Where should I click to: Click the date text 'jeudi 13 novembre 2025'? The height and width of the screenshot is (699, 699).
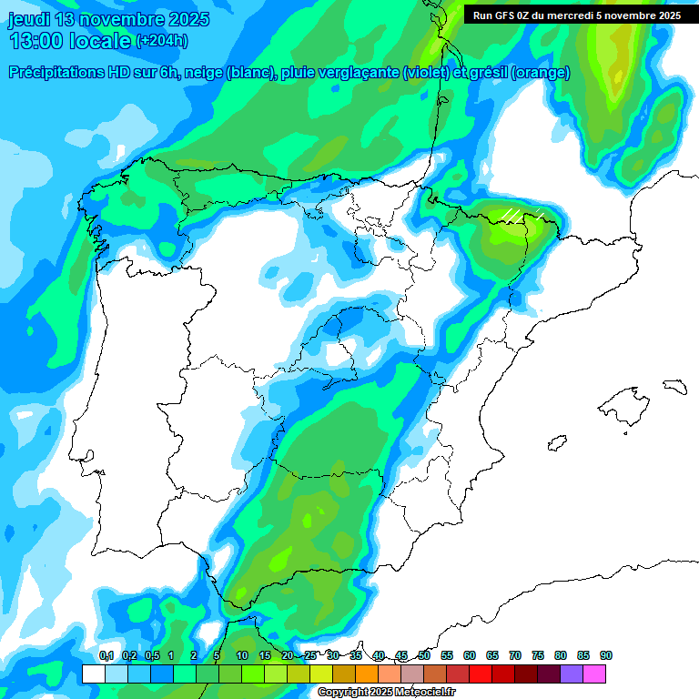(x=109, y=19)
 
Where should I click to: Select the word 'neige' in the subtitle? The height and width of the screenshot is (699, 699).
(x=203, y=73)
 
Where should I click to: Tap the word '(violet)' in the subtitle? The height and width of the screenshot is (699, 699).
(x=426, y=73)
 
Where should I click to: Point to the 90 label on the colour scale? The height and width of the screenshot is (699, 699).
(x=605, y=655)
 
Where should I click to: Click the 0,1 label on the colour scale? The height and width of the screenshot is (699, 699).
(x=106, y=655)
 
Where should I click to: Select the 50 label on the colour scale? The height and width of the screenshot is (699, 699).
(x=424, y=655)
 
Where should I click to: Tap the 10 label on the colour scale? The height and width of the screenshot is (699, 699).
(x=242, y=655)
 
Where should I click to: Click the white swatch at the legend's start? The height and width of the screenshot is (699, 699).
(x=93, y=674)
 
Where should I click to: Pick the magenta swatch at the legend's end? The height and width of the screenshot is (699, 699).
(x=594, y=674)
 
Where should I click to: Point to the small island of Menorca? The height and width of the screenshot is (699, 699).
(x=674, y=385)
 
